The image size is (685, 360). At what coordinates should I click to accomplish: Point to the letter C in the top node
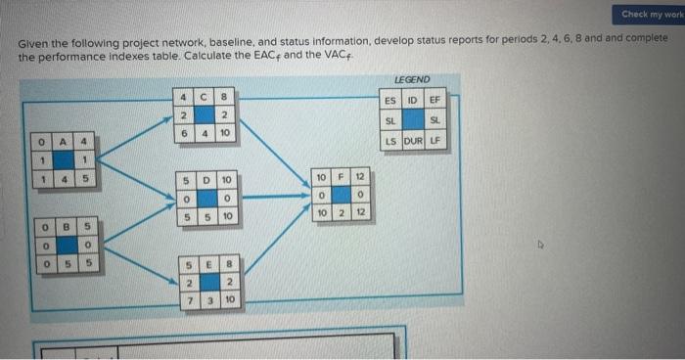tap(205, 96)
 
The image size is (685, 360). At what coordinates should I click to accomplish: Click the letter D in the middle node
tap(205, 181)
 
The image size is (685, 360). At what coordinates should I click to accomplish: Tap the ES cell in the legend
tap(389, 99)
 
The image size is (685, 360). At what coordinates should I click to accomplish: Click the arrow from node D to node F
tap(271, 196)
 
